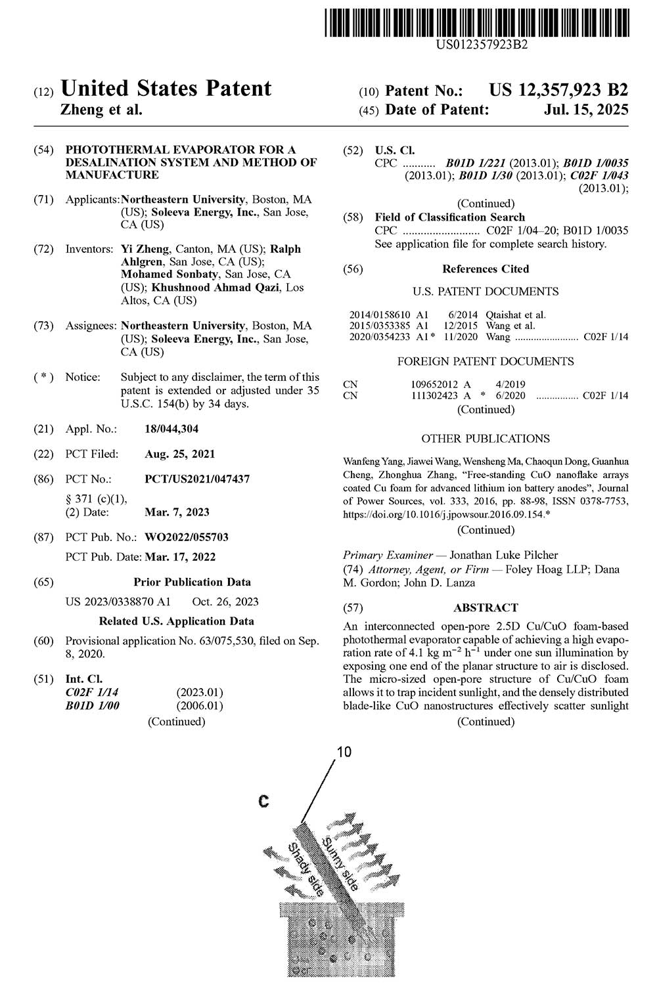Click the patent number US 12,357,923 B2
point(558,91)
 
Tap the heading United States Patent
point(166,89)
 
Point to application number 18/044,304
point(171,429)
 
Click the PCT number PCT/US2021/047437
point(197,479)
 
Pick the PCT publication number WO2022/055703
point(187,536)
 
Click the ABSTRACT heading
point(486,607)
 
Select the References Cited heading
point(486,269)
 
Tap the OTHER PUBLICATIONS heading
point(486,438)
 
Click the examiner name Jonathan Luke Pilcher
point(490,555)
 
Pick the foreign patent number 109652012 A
point(441,384)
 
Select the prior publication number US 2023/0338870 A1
point(118,602)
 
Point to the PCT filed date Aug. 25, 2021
point(179,454)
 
